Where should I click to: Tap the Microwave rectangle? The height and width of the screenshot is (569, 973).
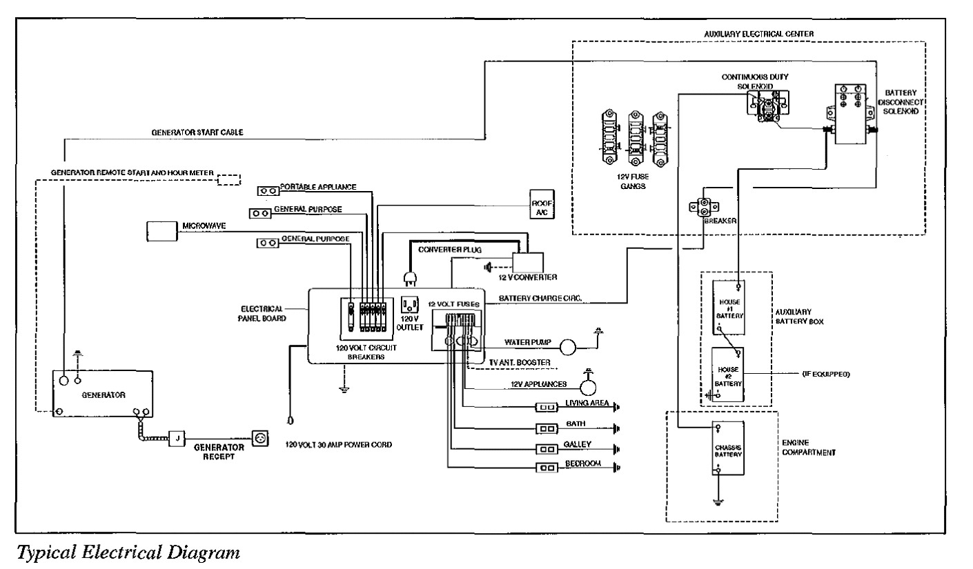coord(163,231)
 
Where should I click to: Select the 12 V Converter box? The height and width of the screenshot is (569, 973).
coord(528,263)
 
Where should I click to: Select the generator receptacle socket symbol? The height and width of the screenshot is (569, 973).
coord(260,439)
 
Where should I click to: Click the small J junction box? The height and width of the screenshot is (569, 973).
coord(177,439)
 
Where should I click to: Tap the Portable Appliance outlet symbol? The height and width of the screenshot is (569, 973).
coord(267,190)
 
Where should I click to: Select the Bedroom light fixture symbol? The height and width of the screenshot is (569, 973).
coord(547,468)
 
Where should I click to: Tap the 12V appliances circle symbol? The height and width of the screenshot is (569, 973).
coord(589,384)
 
